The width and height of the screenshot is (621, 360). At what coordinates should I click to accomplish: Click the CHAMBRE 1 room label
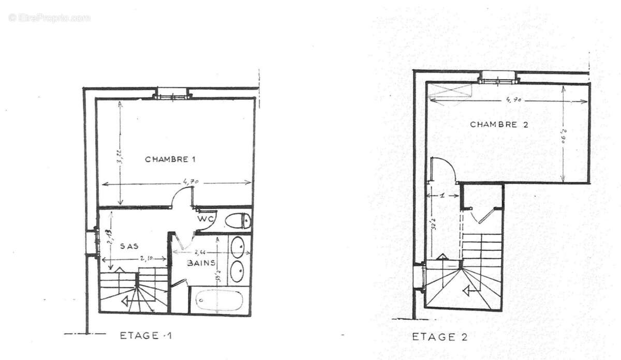click(170, 159)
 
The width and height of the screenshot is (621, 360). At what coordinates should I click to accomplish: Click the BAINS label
click(201, 263)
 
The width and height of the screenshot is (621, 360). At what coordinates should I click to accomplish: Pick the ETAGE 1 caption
click(145, 336)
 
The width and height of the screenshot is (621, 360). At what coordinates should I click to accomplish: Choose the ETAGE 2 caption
click(439, 337)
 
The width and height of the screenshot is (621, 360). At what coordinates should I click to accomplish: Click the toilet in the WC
click(240, 221)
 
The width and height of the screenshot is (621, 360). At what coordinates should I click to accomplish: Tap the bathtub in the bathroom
click(219, 300)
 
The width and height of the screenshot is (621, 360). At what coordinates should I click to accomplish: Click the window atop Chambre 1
click(172, 95)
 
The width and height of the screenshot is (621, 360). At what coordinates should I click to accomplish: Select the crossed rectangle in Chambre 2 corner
click(450, 90)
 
